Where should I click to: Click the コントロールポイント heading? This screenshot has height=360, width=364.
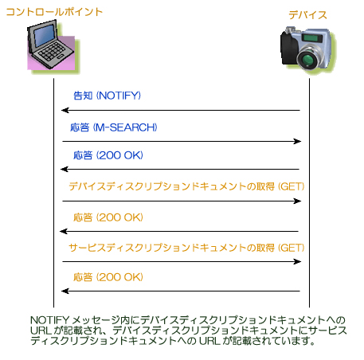tap(54, 12)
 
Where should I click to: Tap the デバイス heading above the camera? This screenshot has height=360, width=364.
tap(307, 15)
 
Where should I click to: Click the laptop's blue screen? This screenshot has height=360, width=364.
tap(44, 36)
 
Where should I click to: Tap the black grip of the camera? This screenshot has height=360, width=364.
tap(289, 49)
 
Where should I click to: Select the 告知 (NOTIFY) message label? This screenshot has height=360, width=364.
tap(107, 96)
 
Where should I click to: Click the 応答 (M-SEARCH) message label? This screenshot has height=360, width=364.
tap(114, 127)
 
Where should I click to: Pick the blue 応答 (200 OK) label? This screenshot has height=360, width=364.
tap(108, 155)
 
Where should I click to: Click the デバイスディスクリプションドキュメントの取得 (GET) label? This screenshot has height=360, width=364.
tap(186, 186)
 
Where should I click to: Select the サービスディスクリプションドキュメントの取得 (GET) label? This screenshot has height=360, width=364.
tap(186, 248)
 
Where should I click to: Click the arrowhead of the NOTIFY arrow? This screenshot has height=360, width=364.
tap(65, 110)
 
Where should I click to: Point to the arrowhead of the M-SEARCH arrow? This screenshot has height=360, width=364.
tap(297, 141)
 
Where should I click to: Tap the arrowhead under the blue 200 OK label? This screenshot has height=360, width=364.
tap(65, 169)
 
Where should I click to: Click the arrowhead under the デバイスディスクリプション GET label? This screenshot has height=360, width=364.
tap(297, 201)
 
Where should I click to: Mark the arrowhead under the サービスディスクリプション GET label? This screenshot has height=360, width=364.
tap(297, 262)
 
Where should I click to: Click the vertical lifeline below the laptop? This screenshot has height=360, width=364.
tap(54, 193)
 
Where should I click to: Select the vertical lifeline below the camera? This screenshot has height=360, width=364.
tap(309, 193)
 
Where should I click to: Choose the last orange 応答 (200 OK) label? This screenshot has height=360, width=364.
tap(108, 277)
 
